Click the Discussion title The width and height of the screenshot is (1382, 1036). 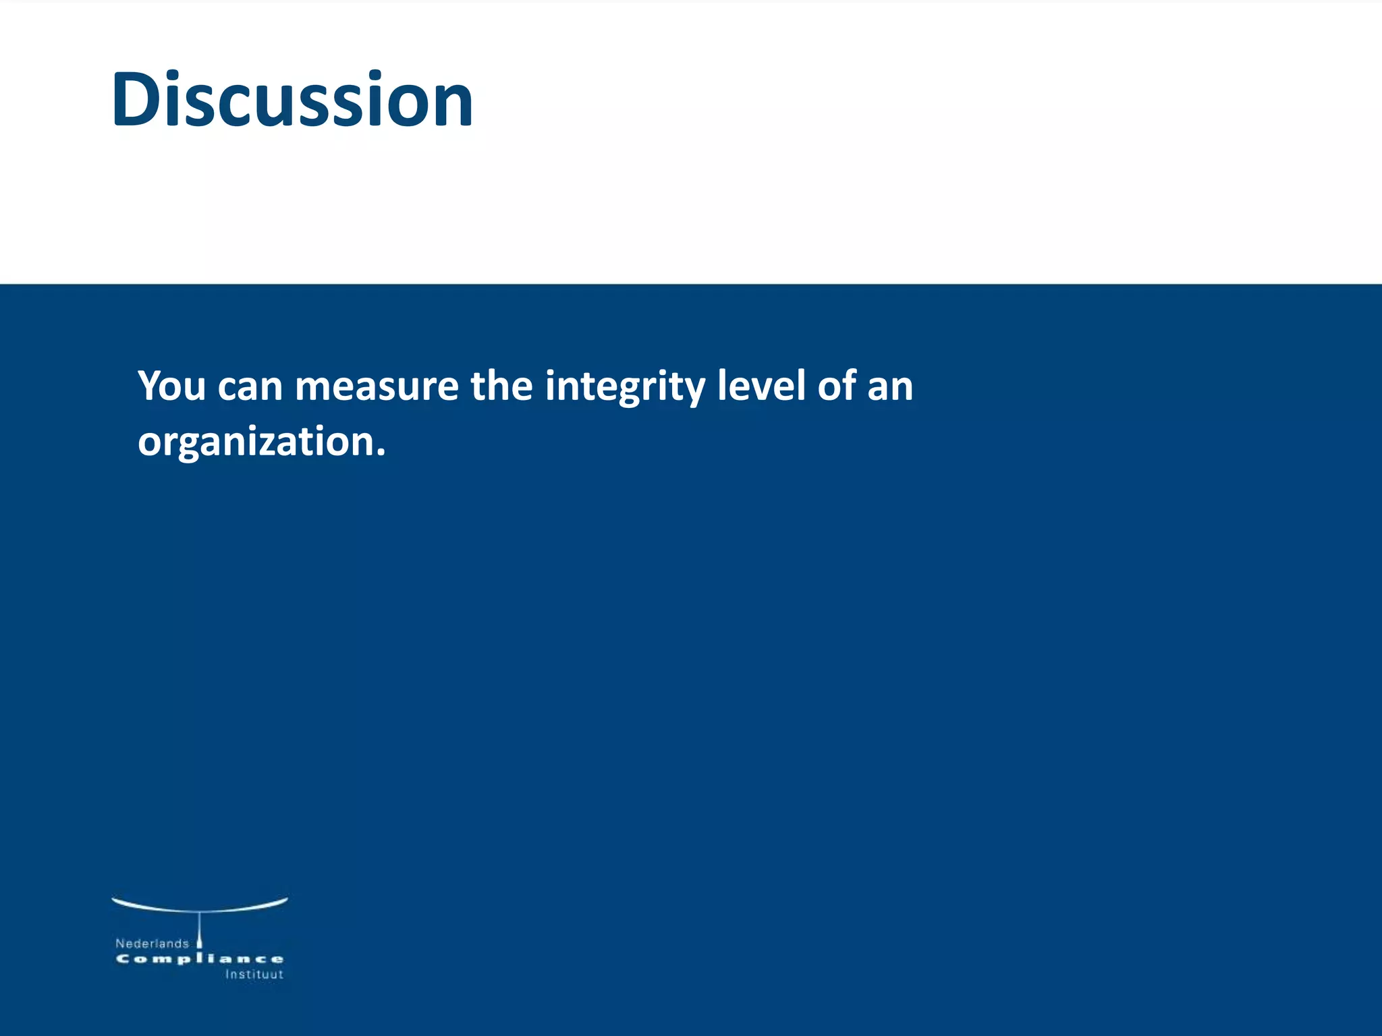pos(292,100)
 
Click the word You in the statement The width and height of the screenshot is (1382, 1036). pos(171,386)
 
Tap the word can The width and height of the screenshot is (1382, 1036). pos(250,386)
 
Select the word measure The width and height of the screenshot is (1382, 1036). pos(377,386)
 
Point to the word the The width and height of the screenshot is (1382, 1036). pos(501,386)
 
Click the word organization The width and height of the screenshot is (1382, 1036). pos(256,442)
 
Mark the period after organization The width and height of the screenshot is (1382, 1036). pos(381,454)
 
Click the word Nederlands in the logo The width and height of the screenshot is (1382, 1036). pos(152,944)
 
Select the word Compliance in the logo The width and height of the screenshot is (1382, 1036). pos(200,959)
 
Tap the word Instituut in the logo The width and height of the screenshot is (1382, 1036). pos(254,975)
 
